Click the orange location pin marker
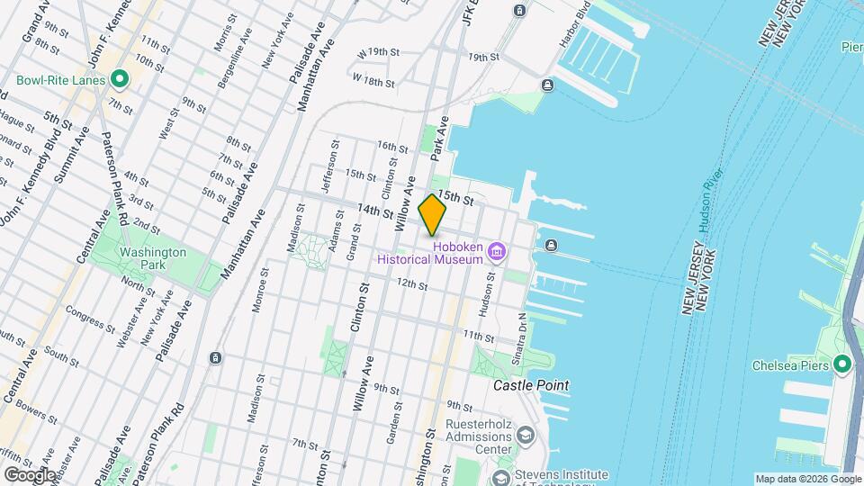[433, 215]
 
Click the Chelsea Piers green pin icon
[841, 364]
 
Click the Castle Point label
[531, 385]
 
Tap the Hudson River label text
[711, 202]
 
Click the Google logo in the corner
[29, 474]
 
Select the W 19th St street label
[375, 53]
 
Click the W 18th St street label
[373, 82]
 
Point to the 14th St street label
[374, 211]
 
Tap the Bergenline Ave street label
[235, 66]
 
